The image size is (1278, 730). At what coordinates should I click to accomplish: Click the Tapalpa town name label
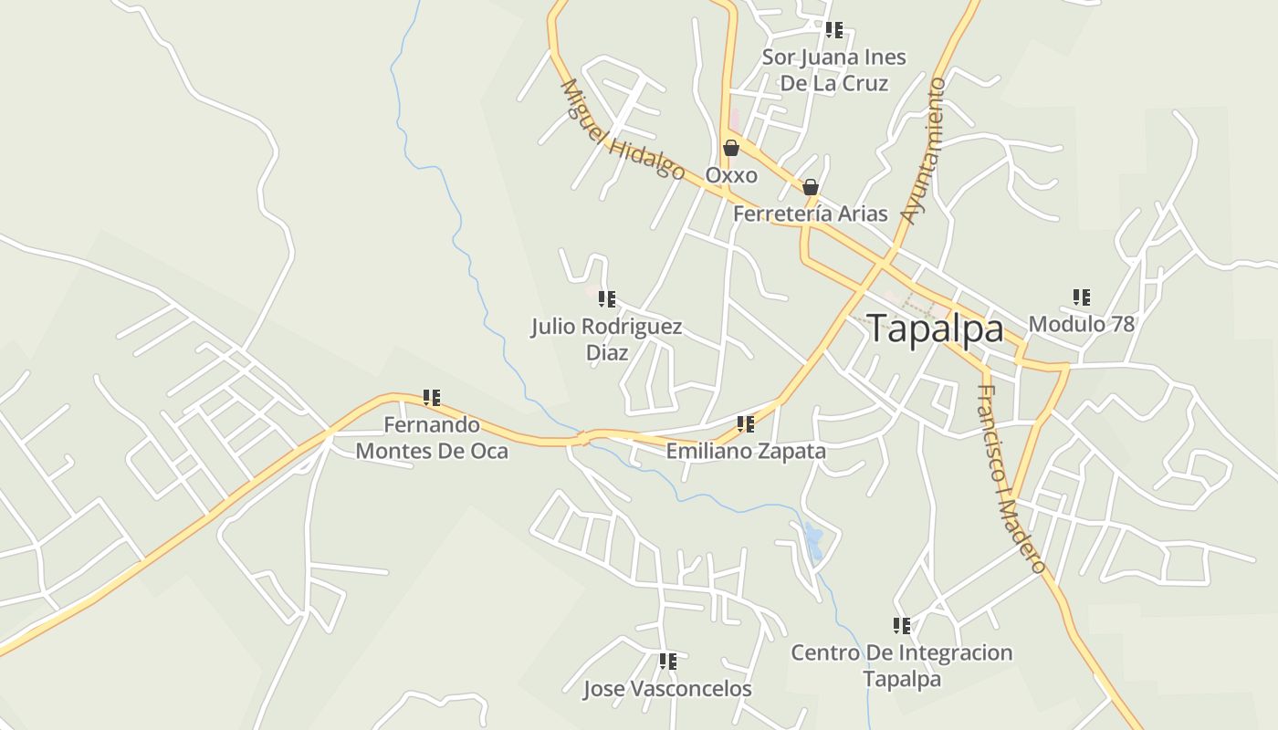(935, 328)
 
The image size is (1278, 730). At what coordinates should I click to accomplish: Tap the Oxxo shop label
(730, 174)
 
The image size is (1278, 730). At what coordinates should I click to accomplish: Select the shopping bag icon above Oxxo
(730, 148)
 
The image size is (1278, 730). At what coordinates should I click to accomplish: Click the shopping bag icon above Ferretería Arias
(810, 187)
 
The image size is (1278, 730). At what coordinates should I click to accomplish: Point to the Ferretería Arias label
(810, 214)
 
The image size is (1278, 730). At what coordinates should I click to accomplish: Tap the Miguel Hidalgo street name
(622, 130)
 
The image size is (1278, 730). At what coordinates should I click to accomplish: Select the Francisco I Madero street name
(1011, 478)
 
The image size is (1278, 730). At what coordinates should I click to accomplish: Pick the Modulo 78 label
(1081, 324)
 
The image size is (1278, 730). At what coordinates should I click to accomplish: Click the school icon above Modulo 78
(1081, 297)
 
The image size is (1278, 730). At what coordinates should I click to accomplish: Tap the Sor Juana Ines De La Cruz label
(833, 70)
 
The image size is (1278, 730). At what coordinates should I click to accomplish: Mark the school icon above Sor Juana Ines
(833, 30)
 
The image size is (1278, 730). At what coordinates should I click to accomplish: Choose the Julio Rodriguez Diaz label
(606, 339)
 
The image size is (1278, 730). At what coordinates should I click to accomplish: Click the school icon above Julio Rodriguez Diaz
(606, 299)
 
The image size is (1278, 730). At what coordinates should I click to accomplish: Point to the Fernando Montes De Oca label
(431, 437)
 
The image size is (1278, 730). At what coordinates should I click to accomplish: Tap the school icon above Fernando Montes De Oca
(431, 398)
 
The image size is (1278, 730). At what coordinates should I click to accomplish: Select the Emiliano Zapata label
(745, 451)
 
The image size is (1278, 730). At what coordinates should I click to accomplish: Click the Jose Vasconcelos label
(667, 689)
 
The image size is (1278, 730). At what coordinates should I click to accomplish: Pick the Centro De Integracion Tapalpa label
(901, 665)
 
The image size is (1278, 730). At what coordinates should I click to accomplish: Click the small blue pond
(813, 541)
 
